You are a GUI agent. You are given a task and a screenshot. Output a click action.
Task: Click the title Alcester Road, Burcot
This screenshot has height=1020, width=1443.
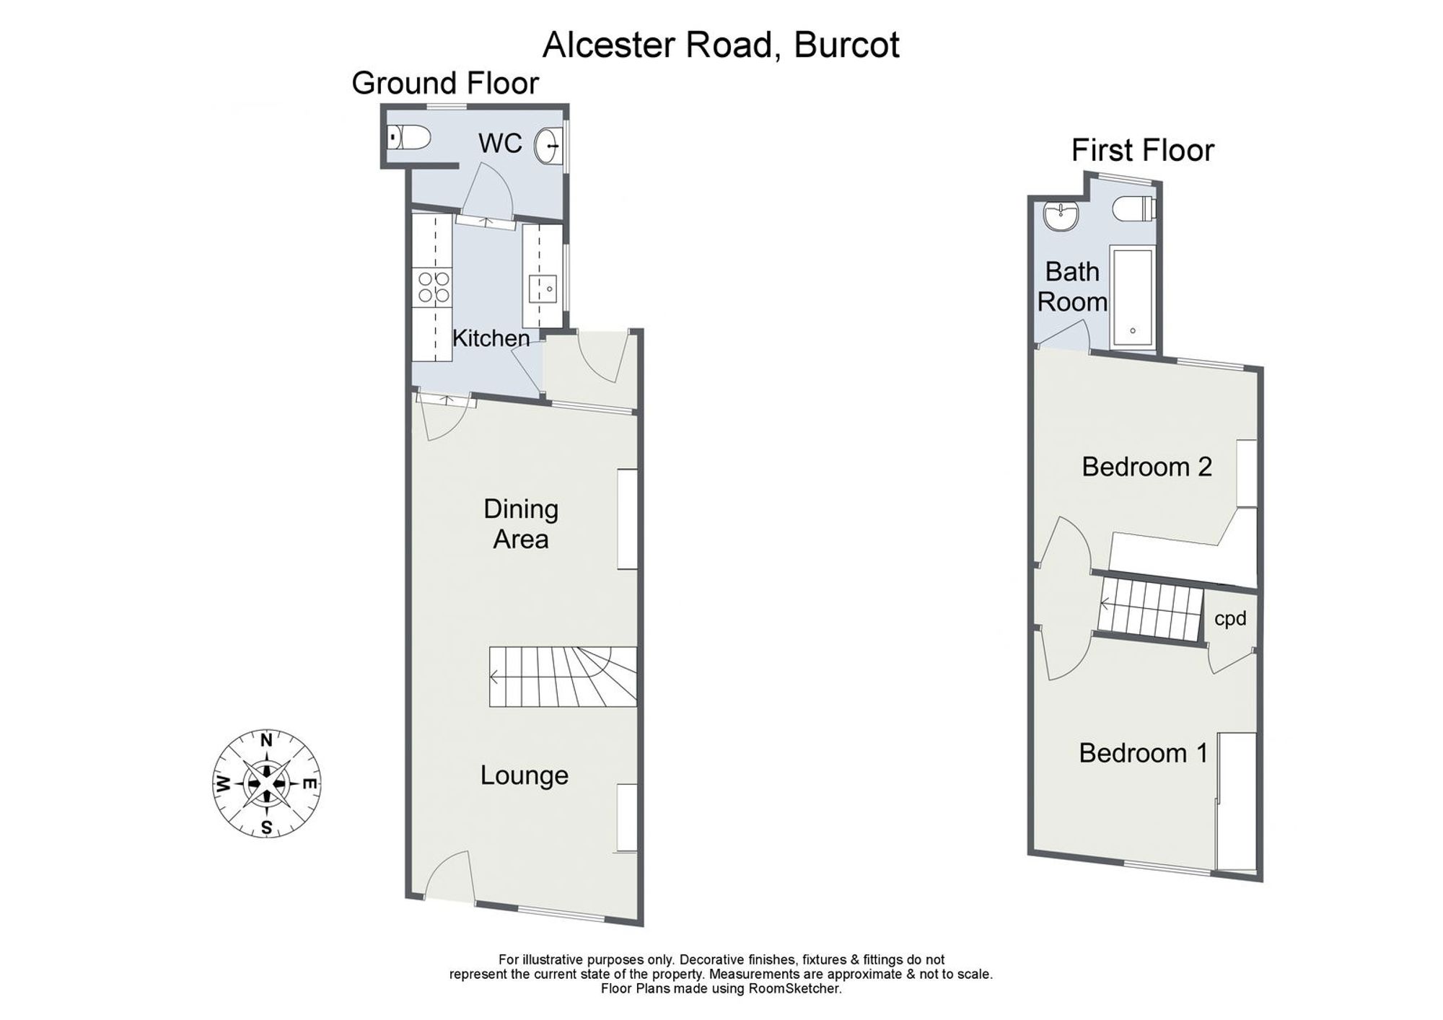point(721,45)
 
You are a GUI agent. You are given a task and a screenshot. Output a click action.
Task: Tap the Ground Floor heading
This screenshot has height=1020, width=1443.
point(445,84)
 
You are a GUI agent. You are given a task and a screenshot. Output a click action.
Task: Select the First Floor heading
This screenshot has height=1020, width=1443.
point(1143,151)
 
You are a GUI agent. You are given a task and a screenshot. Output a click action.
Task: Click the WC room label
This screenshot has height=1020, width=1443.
point(500,143)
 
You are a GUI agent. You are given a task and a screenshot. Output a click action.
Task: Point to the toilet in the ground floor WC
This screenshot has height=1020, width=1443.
point(408,136)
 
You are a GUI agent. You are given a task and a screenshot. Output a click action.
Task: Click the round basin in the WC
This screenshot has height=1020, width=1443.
point(548,146)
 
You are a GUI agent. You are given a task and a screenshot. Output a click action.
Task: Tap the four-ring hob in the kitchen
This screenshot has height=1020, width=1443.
point(432,286)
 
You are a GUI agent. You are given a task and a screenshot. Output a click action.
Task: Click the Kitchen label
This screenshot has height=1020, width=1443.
point(491,338)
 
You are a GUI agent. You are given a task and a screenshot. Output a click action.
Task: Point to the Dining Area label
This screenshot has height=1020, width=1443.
point(521,524)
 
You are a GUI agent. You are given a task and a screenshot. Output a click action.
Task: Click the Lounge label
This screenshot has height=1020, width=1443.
point(525,775)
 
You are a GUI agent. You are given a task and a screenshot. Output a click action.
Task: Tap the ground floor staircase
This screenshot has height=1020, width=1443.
point(563,677)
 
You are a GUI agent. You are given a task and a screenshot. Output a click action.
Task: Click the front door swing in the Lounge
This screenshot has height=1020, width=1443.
point(447,875)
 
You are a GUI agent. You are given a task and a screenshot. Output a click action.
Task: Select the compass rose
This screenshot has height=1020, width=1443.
point(267,784)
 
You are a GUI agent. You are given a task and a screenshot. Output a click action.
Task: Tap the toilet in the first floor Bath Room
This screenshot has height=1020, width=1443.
point(1135,210)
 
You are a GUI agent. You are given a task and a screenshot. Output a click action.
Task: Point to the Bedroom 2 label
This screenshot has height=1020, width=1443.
point(1146,467)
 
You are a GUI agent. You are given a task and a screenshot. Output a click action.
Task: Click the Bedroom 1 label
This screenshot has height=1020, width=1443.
point(1143,753)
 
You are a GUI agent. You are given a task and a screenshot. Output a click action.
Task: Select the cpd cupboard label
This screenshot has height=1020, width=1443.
point(1230,619)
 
